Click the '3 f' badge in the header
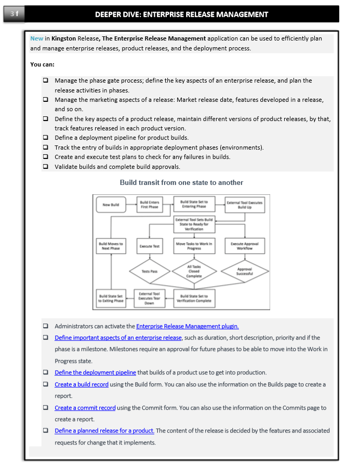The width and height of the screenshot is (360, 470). click(15, 14)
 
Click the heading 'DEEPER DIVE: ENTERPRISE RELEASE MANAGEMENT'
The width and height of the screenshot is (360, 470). click(181, 14)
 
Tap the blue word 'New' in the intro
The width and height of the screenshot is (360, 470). click(37, 38)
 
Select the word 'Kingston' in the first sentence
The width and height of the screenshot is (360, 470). click(63, 38)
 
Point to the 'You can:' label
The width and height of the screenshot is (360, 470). click(43, 64)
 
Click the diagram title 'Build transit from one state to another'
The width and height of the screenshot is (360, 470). click(181, 182)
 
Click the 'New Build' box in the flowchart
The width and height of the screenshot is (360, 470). click(111, 205)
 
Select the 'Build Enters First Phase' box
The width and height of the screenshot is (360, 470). click(150, 205)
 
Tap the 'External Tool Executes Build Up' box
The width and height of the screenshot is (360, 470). click(245, 205)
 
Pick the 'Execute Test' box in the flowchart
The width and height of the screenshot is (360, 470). click(150, 246)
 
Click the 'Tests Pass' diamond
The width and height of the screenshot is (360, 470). click(150, 271)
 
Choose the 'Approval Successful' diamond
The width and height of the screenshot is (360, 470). click(245, 271)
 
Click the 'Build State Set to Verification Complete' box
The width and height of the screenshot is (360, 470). click(194, 298)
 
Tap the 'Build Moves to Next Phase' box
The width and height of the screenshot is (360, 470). click(111, 246)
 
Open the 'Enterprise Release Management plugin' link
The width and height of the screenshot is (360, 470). click(187, 326)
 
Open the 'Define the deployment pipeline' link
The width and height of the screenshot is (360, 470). click(95, 372)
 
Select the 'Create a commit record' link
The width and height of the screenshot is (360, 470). click(85, 408)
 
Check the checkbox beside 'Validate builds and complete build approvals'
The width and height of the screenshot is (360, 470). click(46, 167)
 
